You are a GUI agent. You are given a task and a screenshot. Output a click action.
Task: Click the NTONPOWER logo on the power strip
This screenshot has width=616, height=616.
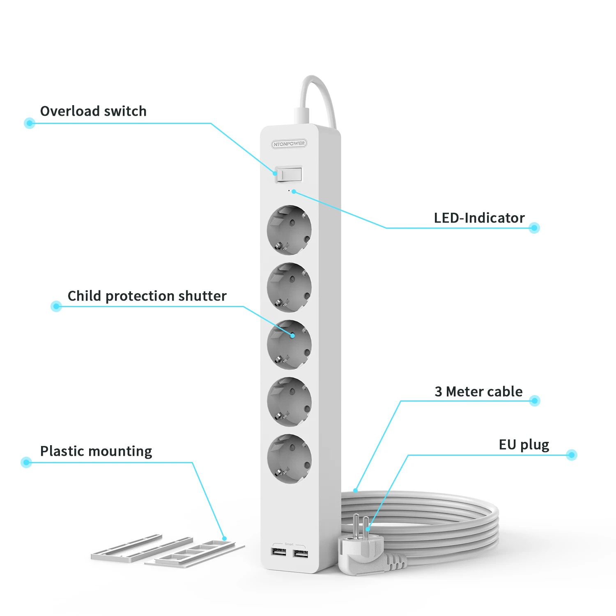point(289,144)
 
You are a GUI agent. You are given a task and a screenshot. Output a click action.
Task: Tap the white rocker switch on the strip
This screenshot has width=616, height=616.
point(289,174)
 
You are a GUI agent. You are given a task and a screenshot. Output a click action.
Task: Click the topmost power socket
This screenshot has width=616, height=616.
point(289,230)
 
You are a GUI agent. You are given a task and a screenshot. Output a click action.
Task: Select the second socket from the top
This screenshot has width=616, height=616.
point(289,287)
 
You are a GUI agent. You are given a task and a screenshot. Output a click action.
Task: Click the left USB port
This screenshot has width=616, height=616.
point(278,552)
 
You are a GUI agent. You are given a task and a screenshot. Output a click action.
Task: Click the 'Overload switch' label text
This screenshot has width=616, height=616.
point(93,111)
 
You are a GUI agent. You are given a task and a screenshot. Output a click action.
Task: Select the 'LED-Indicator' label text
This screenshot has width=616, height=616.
point(479,218)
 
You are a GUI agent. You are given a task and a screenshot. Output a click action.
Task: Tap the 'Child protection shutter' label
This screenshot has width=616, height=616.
point(147,296)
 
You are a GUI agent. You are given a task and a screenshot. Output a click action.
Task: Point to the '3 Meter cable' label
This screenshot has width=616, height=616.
point(478,392)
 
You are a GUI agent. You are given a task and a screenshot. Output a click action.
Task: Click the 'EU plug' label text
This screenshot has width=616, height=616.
point(524,445)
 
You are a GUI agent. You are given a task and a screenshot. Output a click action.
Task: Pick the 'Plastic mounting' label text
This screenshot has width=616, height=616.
point(96,451)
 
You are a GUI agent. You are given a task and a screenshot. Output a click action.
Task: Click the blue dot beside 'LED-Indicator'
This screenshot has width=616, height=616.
point(534,228)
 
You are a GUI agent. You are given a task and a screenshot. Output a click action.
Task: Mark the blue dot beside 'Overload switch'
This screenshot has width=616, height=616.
point(29,123)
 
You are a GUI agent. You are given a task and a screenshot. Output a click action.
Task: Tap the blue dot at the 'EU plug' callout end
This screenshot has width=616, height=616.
point(571,455)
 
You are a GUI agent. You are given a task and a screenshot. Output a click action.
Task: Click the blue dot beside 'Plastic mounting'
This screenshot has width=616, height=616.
point(26,462)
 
